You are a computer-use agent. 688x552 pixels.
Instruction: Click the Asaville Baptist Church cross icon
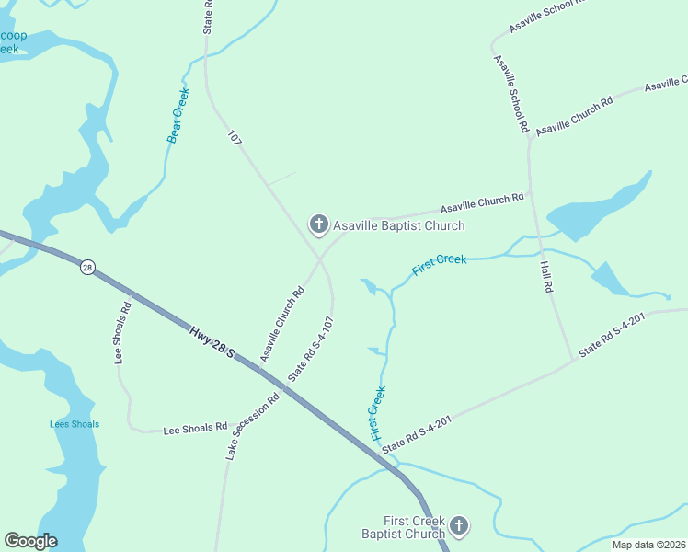tap(318, 224)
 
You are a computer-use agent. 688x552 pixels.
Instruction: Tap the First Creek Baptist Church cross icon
tap(458, 526)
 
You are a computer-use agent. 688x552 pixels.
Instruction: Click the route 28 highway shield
tap(87, 267)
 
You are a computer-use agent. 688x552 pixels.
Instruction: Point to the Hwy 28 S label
tap(213, 341)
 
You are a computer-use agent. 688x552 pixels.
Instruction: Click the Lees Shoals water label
tap(75, 424)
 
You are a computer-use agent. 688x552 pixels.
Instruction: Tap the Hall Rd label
tap(546, 275)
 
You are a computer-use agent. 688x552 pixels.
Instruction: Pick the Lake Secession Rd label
tap(252, 427)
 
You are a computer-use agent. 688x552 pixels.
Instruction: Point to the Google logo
tap(30, 541)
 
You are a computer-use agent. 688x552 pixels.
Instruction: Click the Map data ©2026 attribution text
tap(648, 545)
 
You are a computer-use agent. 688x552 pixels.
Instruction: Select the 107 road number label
tap(235, 138)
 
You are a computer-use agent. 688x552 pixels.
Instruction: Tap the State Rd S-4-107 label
tap(310, 350)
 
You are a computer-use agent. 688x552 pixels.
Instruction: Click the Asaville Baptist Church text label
tap(398, 225)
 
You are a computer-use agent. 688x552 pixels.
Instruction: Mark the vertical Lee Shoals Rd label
tap(122, 332)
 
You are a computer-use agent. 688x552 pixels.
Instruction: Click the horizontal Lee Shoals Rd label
tap(195, 428)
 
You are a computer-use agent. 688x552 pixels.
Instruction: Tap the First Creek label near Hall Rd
tap(440, 265)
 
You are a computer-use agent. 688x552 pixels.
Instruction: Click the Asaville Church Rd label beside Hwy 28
tap(281, 326)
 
